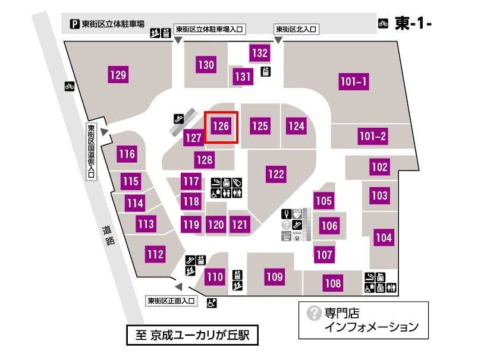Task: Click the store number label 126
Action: point(221,126)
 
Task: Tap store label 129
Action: point(118,75)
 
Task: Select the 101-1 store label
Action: point(354,82)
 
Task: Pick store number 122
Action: point(276,174)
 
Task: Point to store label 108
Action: point(333,283)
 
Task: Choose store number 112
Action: point(155,254)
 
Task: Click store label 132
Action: point(260,53)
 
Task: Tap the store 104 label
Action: point(384,238)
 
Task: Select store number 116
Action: point(127,154)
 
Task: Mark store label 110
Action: point(215,277)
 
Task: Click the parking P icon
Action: point(75,24)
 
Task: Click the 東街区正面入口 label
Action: point(172,301)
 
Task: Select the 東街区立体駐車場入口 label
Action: point(210,29)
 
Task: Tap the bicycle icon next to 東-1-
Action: point(383,24)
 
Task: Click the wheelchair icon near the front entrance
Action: point(211,304)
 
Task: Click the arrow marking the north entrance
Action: point(278,40)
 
